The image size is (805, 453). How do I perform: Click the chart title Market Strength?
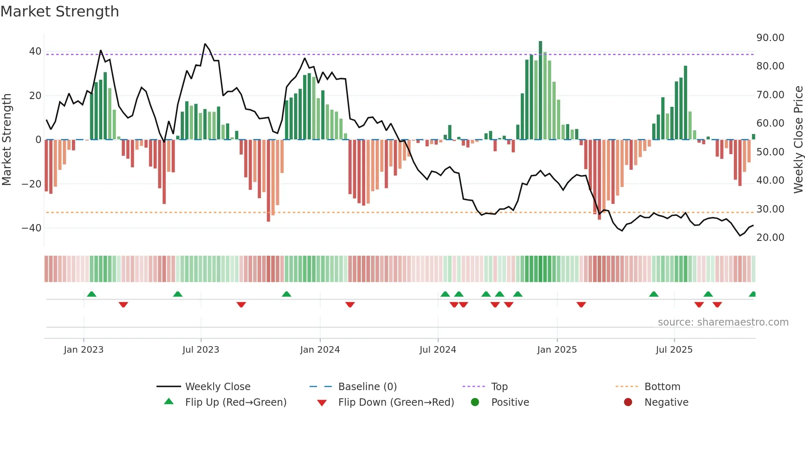[60, 12]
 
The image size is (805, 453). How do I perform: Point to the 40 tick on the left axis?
[35, 51]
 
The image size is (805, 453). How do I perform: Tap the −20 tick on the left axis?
[32, 184]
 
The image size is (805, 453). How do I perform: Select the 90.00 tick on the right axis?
[770, 38]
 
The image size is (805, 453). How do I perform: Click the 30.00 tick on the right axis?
[770, 209]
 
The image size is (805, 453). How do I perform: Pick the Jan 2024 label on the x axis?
[320, 350]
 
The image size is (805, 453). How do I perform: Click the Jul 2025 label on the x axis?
[674, 350]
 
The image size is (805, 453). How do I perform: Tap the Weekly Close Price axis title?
[798, 140]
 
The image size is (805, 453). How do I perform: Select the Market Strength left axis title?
[7, 140]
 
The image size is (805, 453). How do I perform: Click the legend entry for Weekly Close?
[218, 387]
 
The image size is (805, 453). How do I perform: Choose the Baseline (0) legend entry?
[367, 387]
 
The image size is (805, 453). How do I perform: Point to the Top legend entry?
[499, 387]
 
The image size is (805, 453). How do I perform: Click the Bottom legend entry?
[662, 387]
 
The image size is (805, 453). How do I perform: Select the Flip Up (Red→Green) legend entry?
[235, 402]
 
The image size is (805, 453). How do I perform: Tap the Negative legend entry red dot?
[628, 402]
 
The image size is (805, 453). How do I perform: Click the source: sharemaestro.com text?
[723, 322]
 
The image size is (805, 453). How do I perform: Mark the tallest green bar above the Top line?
[540, 47]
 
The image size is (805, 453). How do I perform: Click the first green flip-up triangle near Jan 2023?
[92, 294]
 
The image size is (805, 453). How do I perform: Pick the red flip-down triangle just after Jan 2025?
[581, 305]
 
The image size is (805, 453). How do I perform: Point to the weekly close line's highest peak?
[205, 44]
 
